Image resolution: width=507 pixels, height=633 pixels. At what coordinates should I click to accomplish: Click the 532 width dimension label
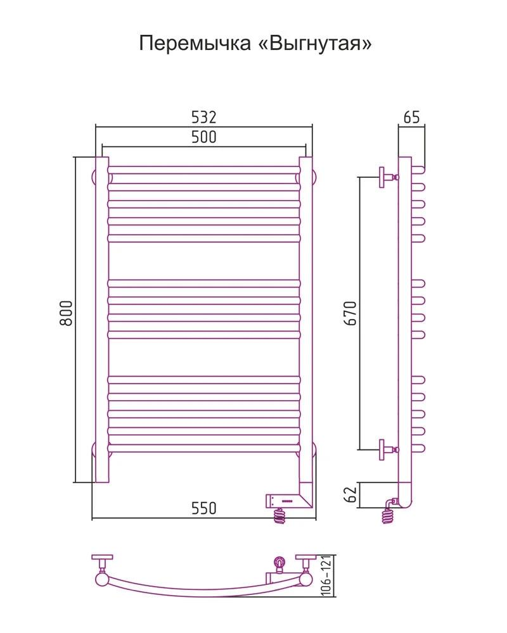click(x=204, y=117)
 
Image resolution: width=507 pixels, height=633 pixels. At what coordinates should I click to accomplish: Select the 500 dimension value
click(x=204, y=137)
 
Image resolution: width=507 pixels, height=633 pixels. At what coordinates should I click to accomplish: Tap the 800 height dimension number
click(x=66, y=313)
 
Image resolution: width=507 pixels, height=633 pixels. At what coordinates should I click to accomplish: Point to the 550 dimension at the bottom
click(x=204, y=508)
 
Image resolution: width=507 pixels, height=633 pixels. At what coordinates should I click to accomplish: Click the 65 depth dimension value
click(x=411, y=118)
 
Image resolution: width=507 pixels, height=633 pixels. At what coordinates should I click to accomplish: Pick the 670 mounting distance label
click(x=350, y=313)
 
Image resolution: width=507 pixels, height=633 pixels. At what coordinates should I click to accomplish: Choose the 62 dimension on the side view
click(x=351, y=494)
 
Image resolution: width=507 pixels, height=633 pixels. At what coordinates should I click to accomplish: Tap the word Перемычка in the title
click(x=195, y=43)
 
